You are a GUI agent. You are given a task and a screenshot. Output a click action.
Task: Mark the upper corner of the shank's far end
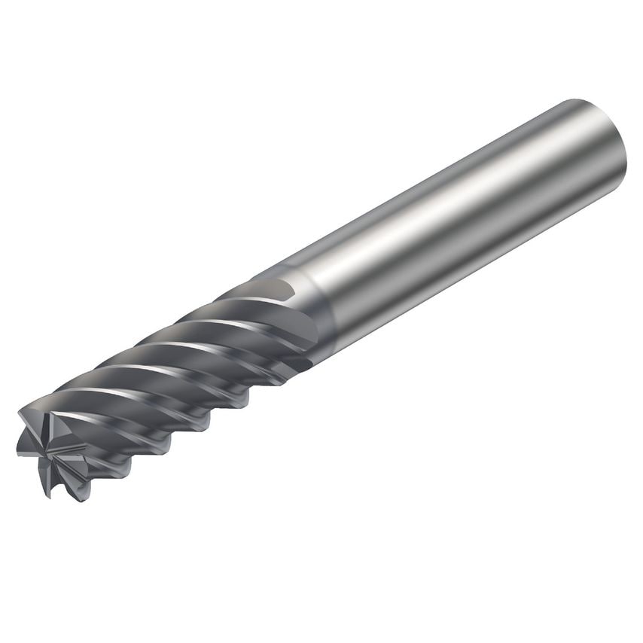572,101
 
